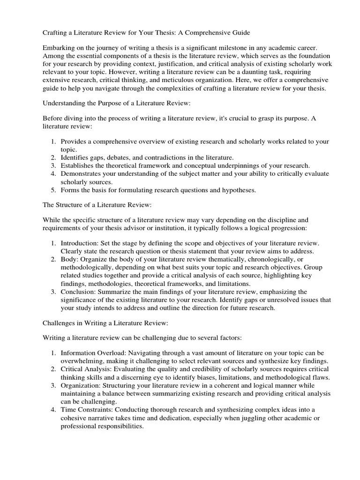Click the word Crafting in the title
tap(56, 32)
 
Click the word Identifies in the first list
tap(75, 157)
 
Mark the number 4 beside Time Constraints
tap(53, 409)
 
